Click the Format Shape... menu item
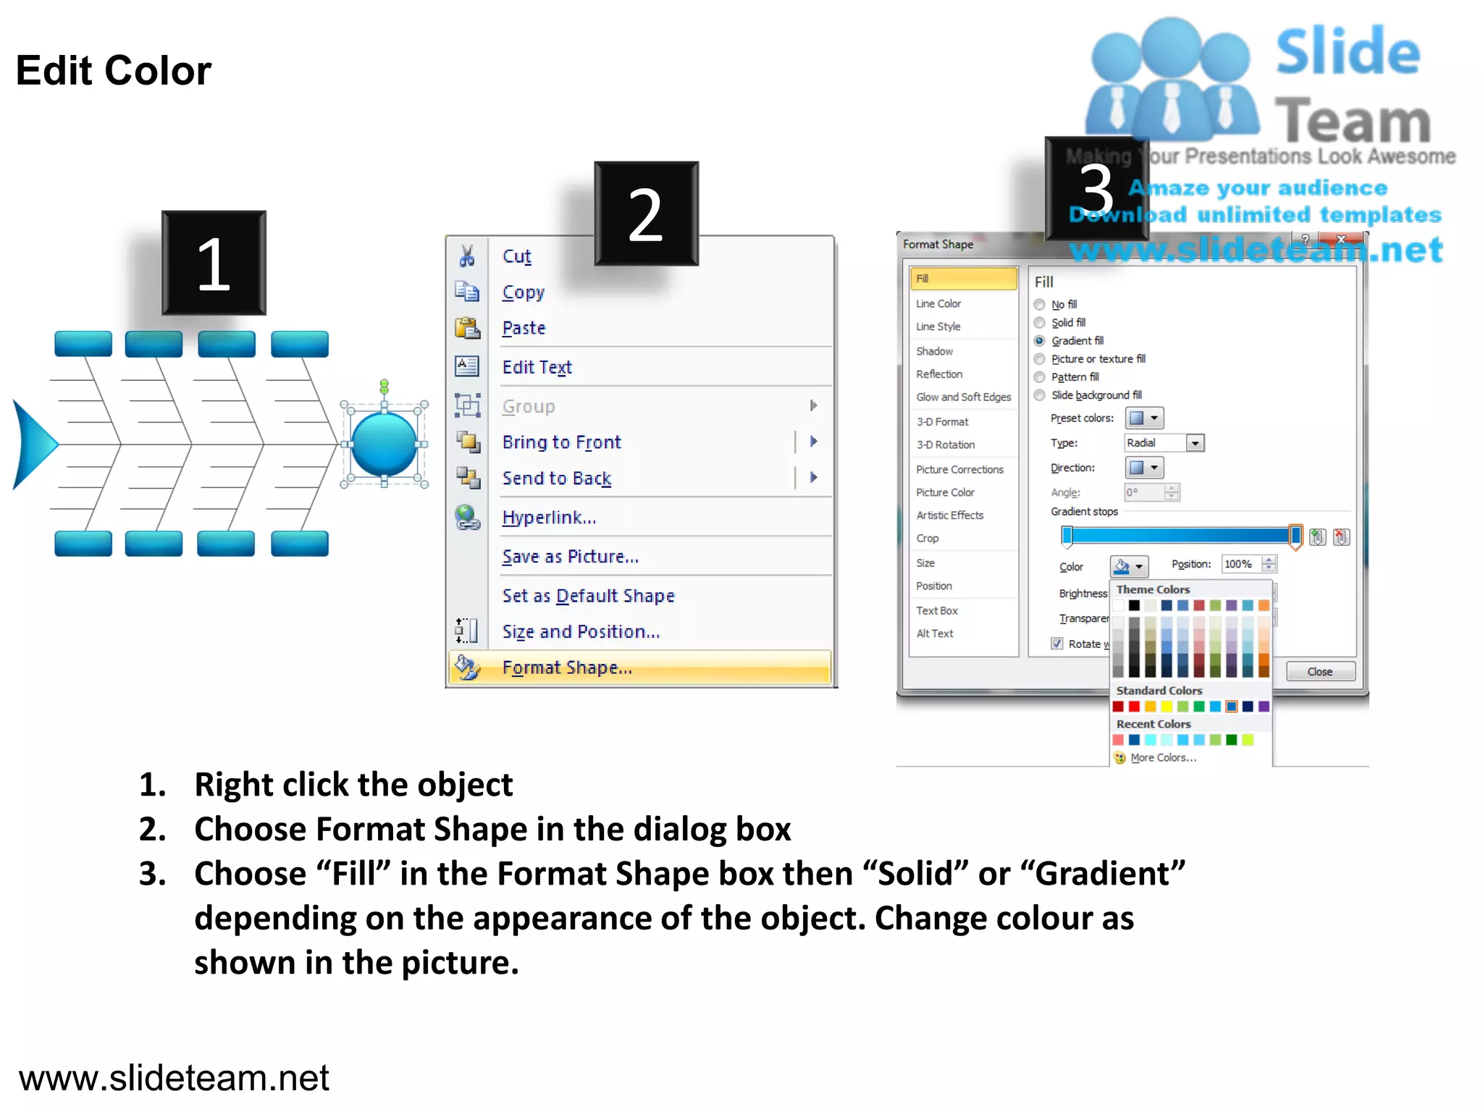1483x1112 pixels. (x=567, y=667)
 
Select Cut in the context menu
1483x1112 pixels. (x=516, y=256)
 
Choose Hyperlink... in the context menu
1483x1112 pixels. (x=549, y=518)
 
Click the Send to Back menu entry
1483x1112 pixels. (x=556, y=479)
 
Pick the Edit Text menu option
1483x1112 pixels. (x=537, y=367)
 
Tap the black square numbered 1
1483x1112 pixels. (x=214, y=264)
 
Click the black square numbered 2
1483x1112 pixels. (x=646, y=214)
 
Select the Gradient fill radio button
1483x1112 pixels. (x=1040, y=341)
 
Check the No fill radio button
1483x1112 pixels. (x=1040, y=305)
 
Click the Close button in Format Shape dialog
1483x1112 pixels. (x=1319, y=672)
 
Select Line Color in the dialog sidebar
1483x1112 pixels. (x=938, y=304)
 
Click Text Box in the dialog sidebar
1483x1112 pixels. (x=937, y=611)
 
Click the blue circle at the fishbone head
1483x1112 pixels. (x=384, y=445)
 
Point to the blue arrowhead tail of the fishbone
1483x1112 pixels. (x=32, y=445)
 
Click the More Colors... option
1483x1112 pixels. (x=1163, y=758)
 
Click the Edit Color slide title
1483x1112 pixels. (x=114, y=71)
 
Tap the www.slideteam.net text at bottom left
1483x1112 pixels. (x=174, y=1078)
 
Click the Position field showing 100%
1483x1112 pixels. (x=1240, y=565)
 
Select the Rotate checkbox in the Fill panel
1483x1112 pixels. (x=1057, y=644)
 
